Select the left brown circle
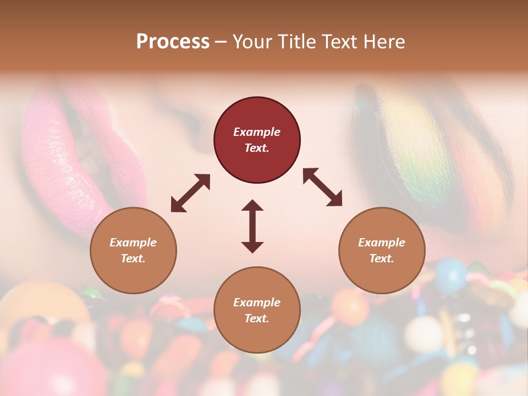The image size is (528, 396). [133, 250]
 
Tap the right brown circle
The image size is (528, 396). [382, 250]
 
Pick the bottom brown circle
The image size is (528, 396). [257, 310]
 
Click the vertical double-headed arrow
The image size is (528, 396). [252, 226]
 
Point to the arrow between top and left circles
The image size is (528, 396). [190, 193]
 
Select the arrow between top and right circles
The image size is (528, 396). [322, 187]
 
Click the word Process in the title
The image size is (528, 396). [173, 42]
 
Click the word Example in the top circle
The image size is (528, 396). [257, 132]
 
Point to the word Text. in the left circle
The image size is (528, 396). [133, 258]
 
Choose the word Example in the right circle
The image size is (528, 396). [382, 243]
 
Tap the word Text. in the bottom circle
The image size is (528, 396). [257, 318]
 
